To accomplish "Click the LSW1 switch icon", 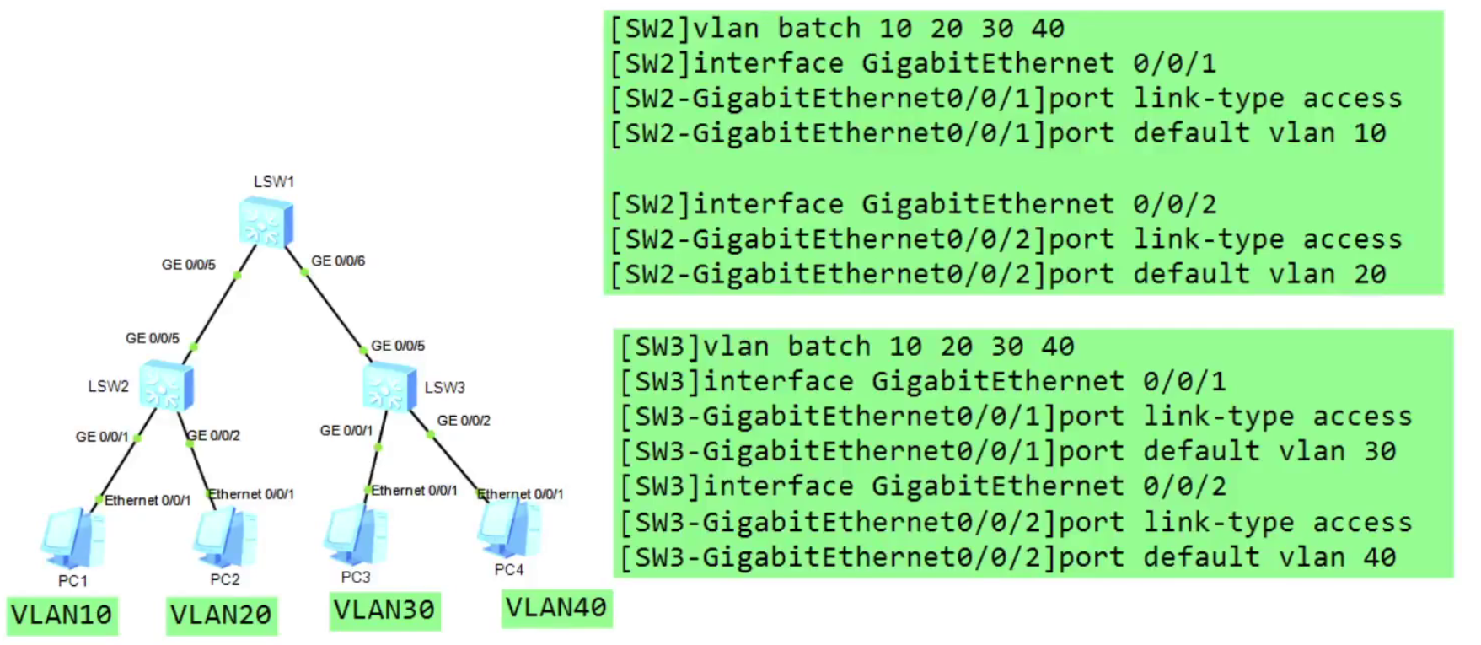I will click(266, 222).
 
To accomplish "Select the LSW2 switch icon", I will click(166, 385).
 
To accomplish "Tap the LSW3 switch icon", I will click(389, 387).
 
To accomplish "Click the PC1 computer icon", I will click(73, 539).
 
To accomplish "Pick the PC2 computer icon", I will click(225, 538).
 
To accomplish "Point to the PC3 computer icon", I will click(356, 535).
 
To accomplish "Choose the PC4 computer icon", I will click(509, 528).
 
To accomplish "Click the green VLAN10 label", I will click(62, 615).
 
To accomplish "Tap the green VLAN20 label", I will click(221, 615).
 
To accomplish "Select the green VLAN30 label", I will click(384, 610).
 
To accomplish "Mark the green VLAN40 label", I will click(556, 607).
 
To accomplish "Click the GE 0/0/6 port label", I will click(338, 261).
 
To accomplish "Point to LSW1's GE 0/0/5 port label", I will click(188, 265).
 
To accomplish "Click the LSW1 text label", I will click(274, 181).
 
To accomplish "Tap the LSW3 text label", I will click(444, 387).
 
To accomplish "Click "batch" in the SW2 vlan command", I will click(818, 29).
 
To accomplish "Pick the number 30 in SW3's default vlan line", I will click(1380, 451).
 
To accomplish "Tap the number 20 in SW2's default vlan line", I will click(1370, 274).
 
